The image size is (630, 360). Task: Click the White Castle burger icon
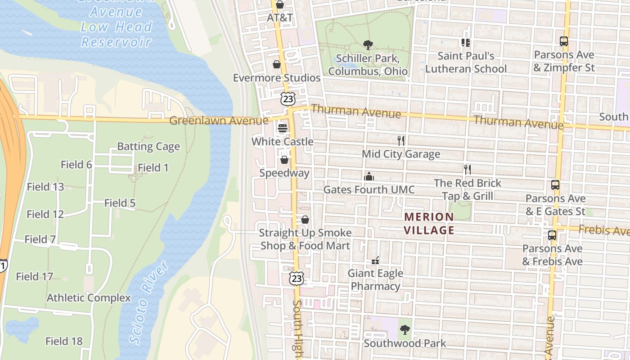pyautogui.click(x=283, y=128)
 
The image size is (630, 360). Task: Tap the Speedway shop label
pyautogui.click(x=284, y=173)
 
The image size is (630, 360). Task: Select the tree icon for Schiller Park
pyautogui.click(x=368, y=45)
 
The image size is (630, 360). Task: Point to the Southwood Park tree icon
pyautogui.click(x=405, y=330)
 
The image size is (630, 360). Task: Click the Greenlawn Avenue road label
pyautogui.click(x=219, y=121)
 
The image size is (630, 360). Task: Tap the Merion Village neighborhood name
pyautogui.click(x=429, y=224)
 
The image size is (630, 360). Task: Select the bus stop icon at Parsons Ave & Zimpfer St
pyautogui.click(x=563, y=42)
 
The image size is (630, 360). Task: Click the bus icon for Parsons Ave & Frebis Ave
pyautogui.click(x=552, y=235)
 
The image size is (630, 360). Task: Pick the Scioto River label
pyautogui.click(x=149, y=302)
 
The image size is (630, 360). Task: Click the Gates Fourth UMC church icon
pyautogui.click(x=369, y=176)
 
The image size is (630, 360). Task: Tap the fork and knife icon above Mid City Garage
pyautogui.click(x=401, y=141)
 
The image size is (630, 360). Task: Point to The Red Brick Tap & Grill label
pyautogui.click(x=468, y=189)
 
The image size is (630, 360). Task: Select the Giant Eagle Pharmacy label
pyautogui.click(x=375, y=279)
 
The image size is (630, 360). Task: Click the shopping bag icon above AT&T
pyautogui.click(x=280, y=5)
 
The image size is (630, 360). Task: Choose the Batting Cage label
pyautogui.click(x=148, y=147)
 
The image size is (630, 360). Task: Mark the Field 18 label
pyautogui.click(x=64, y=341)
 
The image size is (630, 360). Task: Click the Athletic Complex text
pyautogui.click(x=89, y=298)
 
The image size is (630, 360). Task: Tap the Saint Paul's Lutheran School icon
pyautogui.click(x=465, y=43)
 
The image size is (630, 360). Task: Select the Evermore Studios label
pyautogui.click(x=276, y=78)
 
